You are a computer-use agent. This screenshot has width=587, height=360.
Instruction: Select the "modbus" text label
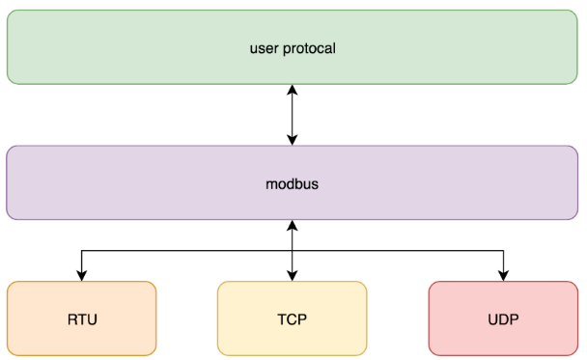(292, 182)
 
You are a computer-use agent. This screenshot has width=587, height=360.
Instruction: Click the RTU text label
(81, 318)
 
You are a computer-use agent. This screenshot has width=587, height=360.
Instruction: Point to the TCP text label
(292, 318)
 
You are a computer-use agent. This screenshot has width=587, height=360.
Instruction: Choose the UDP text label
(503, 318)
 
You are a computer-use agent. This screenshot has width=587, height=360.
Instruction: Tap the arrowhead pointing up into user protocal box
(292, 90)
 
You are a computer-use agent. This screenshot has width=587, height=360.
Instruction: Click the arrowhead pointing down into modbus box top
(292, 140)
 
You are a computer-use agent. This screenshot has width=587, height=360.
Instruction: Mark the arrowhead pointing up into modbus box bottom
(292, 226)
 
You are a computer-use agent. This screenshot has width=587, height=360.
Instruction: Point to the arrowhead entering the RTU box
(81, 276)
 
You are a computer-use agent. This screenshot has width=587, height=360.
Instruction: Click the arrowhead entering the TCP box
(292, 276)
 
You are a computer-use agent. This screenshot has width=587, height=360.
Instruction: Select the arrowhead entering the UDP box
(503, 276)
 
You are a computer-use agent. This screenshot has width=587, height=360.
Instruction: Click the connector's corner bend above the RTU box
(81, 251)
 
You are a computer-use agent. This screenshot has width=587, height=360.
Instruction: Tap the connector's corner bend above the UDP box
(503, 251)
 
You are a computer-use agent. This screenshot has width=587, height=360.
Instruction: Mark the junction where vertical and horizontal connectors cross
(292, 251)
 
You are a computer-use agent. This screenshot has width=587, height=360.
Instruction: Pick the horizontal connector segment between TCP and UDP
(398, 251)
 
